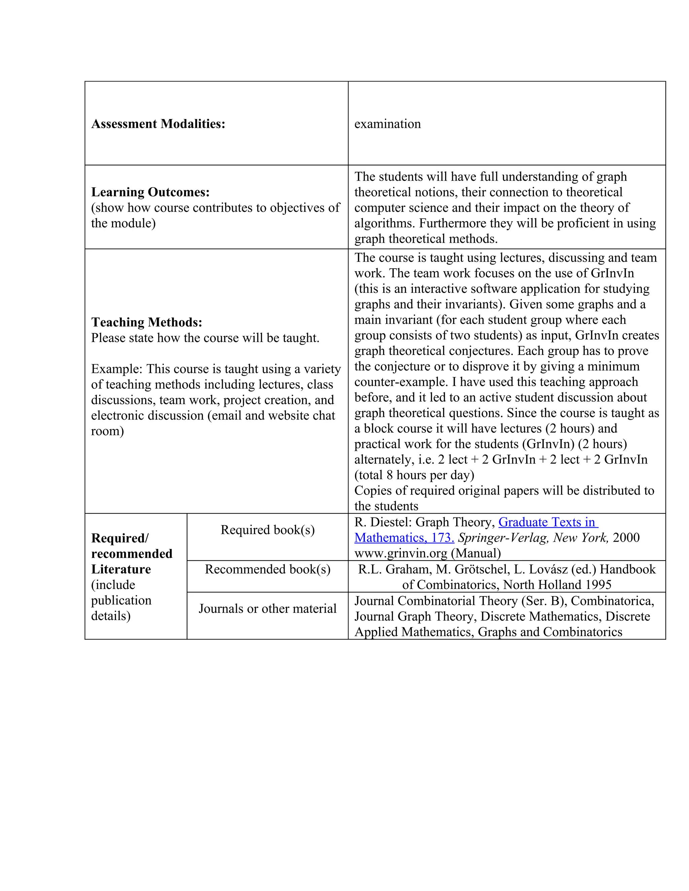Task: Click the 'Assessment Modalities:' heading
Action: coord(158,124)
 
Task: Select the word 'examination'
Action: coord(387,124)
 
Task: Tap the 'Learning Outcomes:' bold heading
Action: coord(150,192)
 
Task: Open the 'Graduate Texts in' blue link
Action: coord(547,522)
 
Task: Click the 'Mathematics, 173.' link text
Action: coord(404,538)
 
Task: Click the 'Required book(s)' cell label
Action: coord(267,530)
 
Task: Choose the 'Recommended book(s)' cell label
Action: coord(267,569)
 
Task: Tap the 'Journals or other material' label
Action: coord(267,609)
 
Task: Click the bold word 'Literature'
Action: coord(121,569)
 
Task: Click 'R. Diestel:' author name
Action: coord(383,522)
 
